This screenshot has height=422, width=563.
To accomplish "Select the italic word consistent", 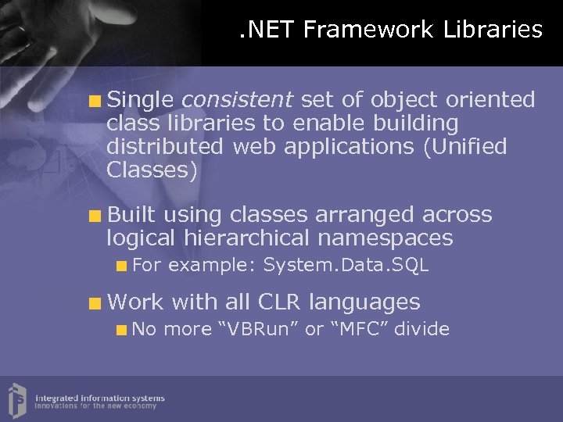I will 237,100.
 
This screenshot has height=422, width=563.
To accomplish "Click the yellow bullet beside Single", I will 95,101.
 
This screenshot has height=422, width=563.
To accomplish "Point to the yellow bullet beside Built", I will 95,216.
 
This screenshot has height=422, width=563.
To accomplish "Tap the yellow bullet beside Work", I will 95,302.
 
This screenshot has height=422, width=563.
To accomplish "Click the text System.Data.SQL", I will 346,266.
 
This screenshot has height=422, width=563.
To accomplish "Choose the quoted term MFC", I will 357,329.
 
